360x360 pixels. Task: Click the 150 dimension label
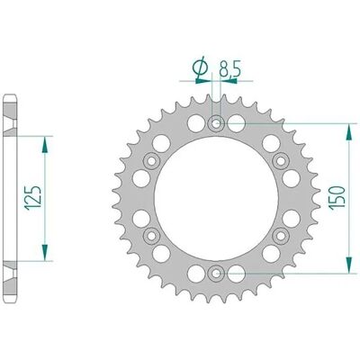tap(337, 197)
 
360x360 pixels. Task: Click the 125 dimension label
tap(34, 197)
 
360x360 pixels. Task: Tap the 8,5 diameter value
tap(229, 68)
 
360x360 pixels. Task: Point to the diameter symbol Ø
tap(201, 67)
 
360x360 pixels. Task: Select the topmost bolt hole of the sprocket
tap(216, 123)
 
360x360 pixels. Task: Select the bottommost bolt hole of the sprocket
tap(216, 274)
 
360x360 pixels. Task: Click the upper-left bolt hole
tap(151, 161)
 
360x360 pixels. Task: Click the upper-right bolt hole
tap(281, 161)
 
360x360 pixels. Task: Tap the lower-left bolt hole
tap(152, 236)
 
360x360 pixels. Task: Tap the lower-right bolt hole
tap(281, 236)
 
